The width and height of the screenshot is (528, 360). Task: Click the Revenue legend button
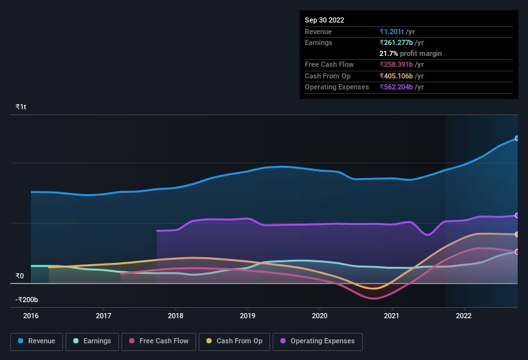click(x=37, y=341)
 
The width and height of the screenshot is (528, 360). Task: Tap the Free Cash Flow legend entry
click(x=159, y=341)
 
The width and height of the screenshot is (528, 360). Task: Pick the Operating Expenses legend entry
click(x=317, y=341)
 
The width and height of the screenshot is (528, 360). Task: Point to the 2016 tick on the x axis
click(x=31, y=316)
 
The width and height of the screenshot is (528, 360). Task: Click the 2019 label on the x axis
click(x=248, y=316)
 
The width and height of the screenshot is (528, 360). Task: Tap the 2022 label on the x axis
click(x=464, y=316)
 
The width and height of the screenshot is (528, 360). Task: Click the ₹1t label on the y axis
click(x=21, y=107)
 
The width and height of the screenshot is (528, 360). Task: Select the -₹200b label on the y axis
click(x=27, y=300)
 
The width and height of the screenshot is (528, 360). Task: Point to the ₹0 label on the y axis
click(x=20, y=276)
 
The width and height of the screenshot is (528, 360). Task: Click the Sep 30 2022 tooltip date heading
click(x=324, y=20)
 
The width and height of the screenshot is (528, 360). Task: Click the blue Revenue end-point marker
click(x=516, y=138)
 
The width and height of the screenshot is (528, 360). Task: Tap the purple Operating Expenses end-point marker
click(x=516, y=215)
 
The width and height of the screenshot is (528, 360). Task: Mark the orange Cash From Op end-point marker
click(x=516, y=234)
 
